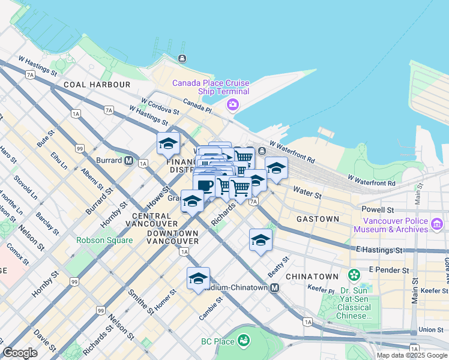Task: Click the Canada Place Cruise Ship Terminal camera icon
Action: point(232,105)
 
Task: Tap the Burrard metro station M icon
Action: point(128,160)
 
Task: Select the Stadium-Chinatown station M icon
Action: point(274,288)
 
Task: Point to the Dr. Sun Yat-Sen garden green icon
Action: point(354,275)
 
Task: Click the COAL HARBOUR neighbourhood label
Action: point(100,85)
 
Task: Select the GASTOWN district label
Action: point(318,220)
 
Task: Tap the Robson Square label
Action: point(104,241)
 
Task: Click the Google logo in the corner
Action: point(20,352)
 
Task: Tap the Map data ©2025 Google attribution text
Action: point(412,355)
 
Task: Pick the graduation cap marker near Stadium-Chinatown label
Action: point(198,278)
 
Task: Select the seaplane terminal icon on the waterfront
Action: point(181,59)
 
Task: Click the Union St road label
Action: point(431,329)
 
